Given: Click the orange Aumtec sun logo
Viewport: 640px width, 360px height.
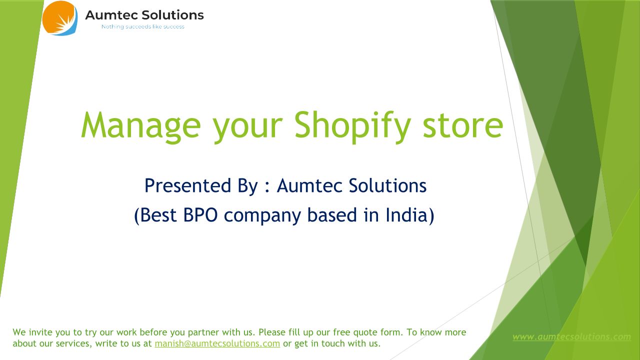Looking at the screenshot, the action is [59, 18].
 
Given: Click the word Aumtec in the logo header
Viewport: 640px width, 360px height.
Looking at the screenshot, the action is [111, 15].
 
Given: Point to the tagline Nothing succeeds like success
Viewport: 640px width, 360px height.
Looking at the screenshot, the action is [143, 26].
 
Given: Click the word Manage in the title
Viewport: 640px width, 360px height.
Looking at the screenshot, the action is [141, 125].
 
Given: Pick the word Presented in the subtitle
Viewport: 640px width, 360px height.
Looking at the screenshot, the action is [187, 185].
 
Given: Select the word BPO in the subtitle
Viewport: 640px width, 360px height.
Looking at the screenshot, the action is [200, 214].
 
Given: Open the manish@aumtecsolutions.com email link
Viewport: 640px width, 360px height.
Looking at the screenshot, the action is [217, 343].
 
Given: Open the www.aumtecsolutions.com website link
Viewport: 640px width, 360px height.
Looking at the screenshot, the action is [571, 337].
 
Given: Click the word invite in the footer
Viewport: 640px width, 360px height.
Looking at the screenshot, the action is [40, 332].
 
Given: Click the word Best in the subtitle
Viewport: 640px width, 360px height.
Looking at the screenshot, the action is [158, 214].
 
